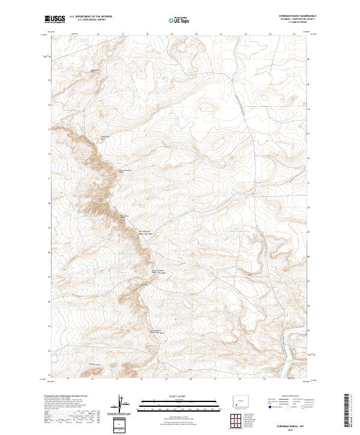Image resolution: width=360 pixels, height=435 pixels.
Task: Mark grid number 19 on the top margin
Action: click(x=172, y=34)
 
